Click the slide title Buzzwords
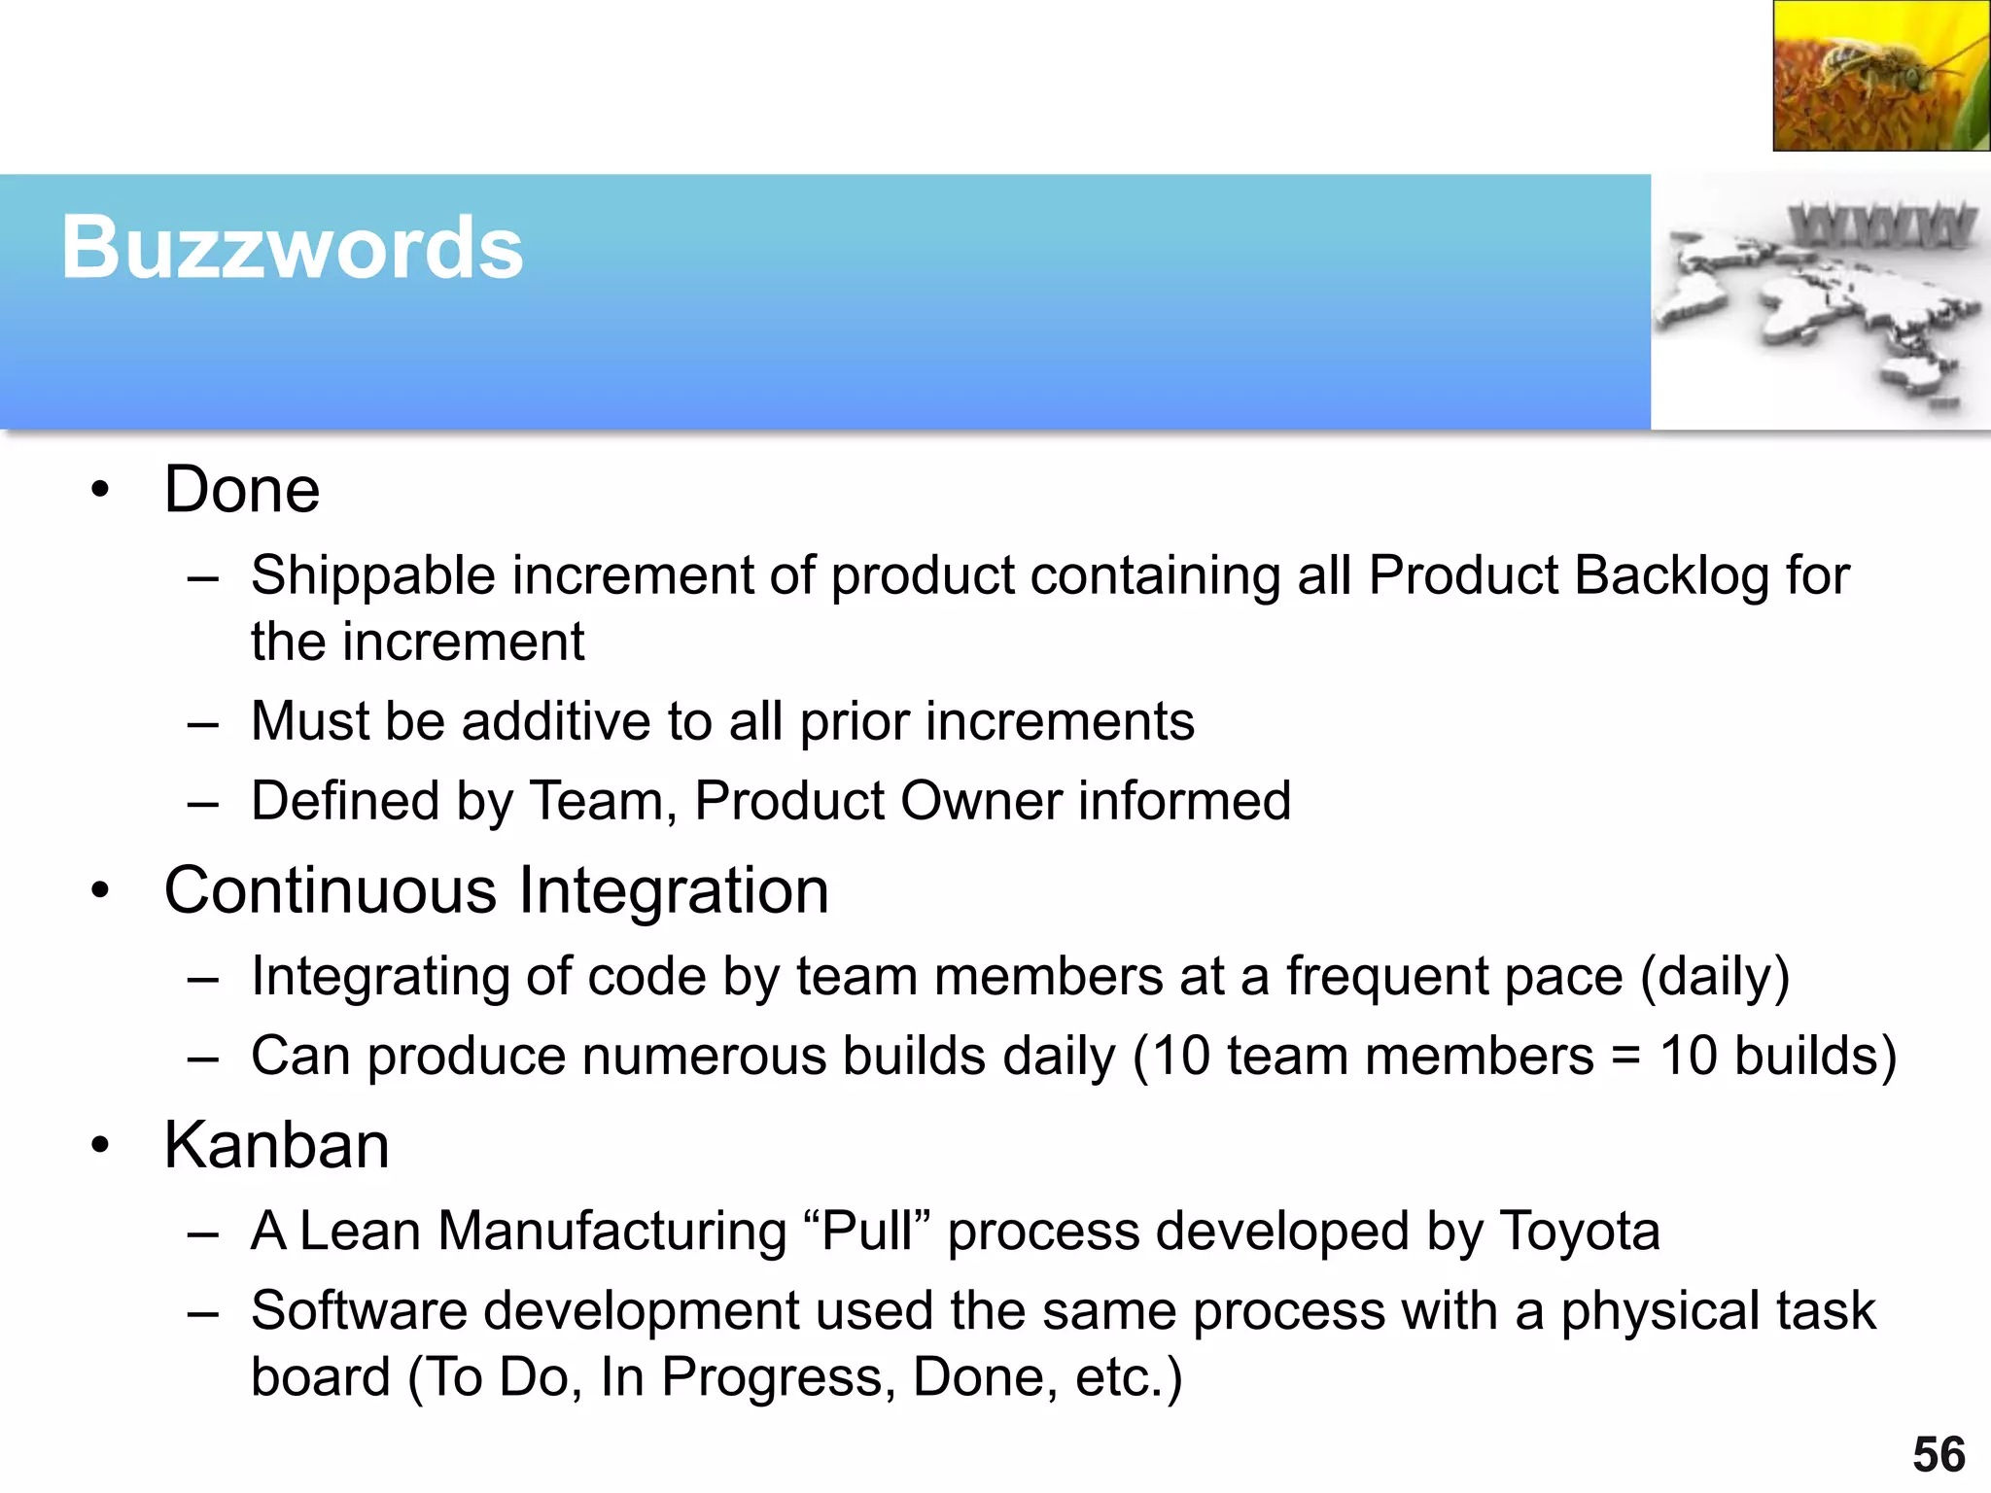[292, 248]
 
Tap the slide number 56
[1939, 1455]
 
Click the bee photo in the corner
[1880, 76]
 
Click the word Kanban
[276, 1145]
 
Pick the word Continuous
[331, 890]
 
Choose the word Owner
[981, 801]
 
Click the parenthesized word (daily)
[1715, 977]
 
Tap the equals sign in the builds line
[1626, 1057]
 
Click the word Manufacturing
[611, 1232]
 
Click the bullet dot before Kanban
[100, 1147]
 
